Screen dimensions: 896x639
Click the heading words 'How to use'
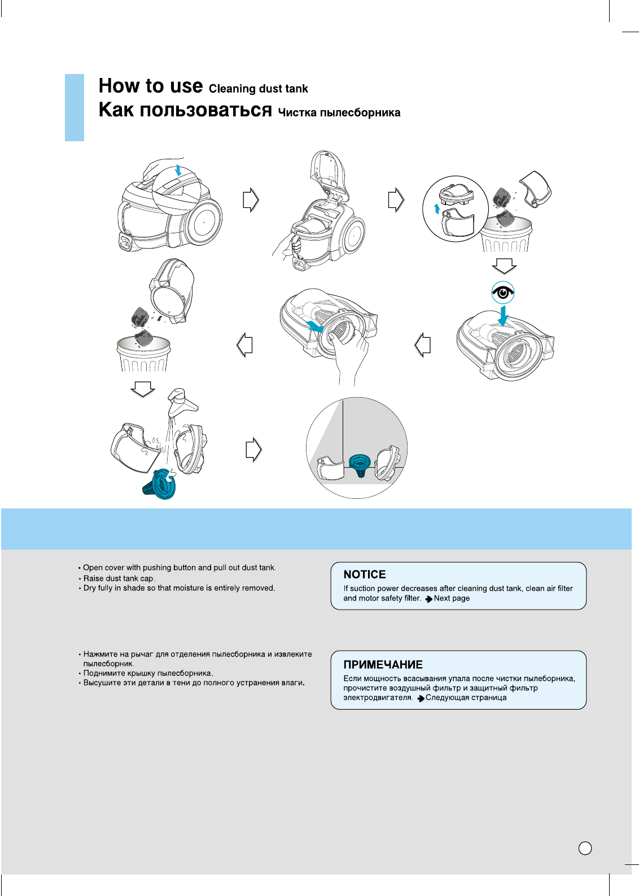click(150, 86)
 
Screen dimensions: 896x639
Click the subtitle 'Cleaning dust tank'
click(258, 89)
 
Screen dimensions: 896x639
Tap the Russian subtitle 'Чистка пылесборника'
click(339, 112)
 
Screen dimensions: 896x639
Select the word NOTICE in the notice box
click(365, 575)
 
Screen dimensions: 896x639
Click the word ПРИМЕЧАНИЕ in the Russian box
click(383, 665)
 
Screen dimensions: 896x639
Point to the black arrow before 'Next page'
click(429, 599)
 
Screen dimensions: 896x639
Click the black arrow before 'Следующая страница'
click(421, 698)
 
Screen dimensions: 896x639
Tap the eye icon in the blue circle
click(502, 293)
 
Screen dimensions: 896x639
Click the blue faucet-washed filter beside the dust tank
click(160, 484)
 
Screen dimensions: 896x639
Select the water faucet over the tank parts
click(182, 402)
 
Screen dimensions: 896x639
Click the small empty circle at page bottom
click(585, 848)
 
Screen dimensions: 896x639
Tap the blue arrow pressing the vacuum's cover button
click(179, 169)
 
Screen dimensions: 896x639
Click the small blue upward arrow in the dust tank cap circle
click(436, 209)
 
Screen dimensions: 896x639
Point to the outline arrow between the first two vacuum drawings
click(251, 199)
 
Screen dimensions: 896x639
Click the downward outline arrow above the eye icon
click(504, 266)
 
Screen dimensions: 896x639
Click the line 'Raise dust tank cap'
click(119, 579)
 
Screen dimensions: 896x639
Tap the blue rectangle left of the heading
click(75, 107)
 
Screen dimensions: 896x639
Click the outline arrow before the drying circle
click(253, 450)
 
